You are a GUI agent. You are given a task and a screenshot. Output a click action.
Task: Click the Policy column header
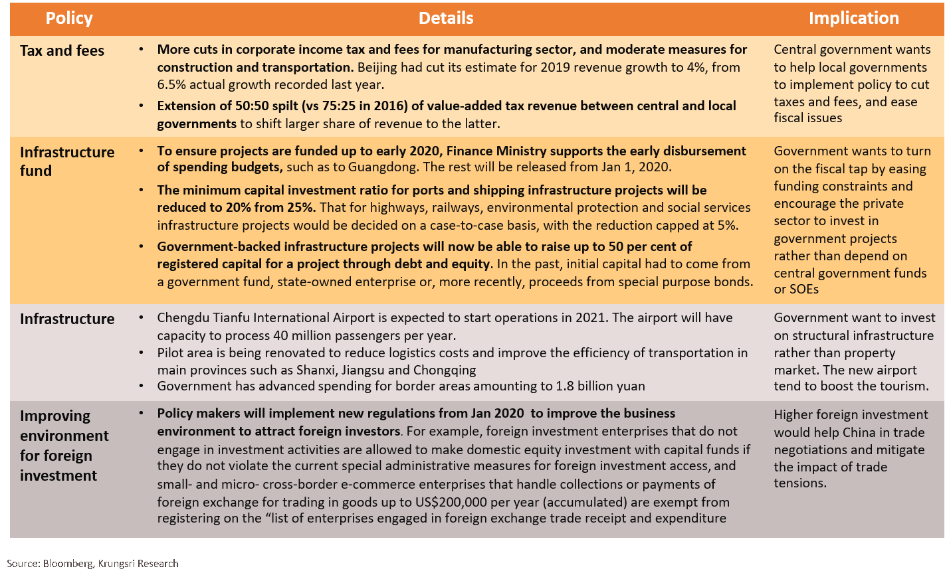pyautogui.click(x=69, y=19)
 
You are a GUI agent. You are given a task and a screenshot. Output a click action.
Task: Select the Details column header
pyautogui.click(x=446, y=19)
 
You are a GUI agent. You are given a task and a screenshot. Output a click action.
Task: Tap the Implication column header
pyautogui.click(x=853, y=19)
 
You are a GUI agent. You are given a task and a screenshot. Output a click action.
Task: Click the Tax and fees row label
pyautogui.click(x=62, y=51)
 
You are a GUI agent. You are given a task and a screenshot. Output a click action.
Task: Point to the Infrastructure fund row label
pyautogui.click(x=67, y=161)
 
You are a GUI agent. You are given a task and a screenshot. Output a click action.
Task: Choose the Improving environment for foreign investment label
pyautogui.click(x=64, y=446)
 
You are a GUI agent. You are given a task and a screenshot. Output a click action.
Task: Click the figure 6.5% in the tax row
pyautogui.click(x=173, y=85)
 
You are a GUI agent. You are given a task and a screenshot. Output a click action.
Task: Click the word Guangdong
pyautogui.click(x=383, y=167)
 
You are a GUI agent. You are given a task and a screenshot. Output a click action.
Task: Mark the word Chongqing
pyautogui.click(x=445, y=371)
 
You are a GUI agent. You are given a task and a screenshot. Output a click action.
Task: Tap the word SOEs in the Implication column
pyautogui.click(x=803, y=289)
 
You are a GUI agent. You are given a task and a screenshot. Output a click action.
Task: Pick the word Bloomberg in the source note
pyautogui.click(x=68, y=564)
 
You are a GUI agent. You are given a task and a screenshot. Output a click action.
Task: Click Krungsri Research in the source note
pyautogui.click(x=138, y=564)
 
